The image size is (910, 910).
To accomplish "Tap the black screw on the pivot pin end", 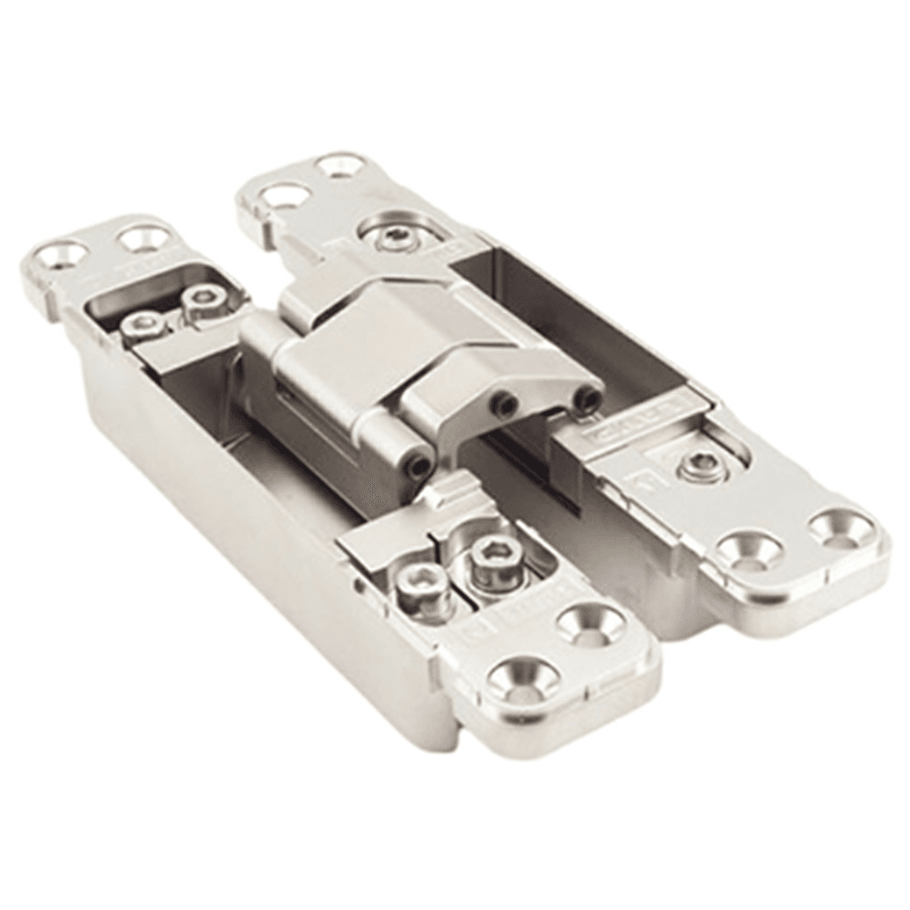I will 417,466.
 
